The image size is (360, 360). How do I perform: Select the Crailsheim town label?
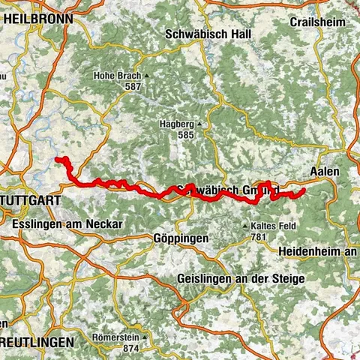[318, 22]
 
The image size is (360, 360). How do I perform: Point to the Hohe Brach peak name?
[116, 76]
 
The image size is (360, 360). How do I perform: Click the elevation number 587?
[133, 87]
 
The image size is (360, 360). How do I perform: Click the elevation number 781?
[259, 237]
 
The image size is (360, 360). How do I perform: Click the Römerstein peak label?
[113, 337]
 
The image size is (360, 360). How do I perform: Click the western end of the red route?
[58, 158]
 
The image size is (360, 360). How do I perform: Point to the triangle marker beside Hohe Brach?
[148, 76]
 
